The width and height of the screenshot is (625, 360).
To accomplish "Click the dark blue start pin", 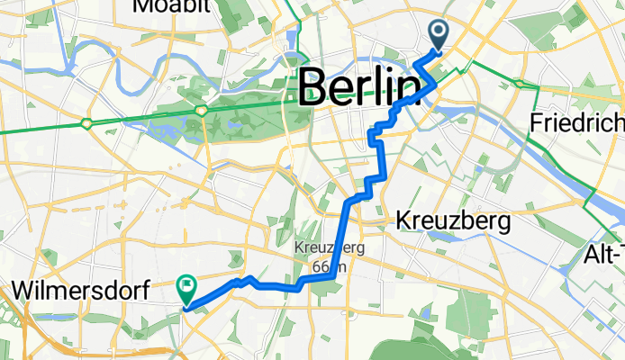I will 439,35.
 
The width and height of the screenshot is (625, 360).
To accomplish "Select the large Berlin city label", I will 360,88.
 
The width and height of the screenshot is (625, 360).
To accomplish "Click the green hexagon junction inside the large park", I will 201,110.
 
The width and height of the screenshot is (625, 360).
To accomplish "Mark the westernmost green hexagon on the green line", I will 86,122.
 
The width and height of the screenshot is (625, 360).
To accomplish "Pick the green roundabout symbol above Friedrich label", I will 521,84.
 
